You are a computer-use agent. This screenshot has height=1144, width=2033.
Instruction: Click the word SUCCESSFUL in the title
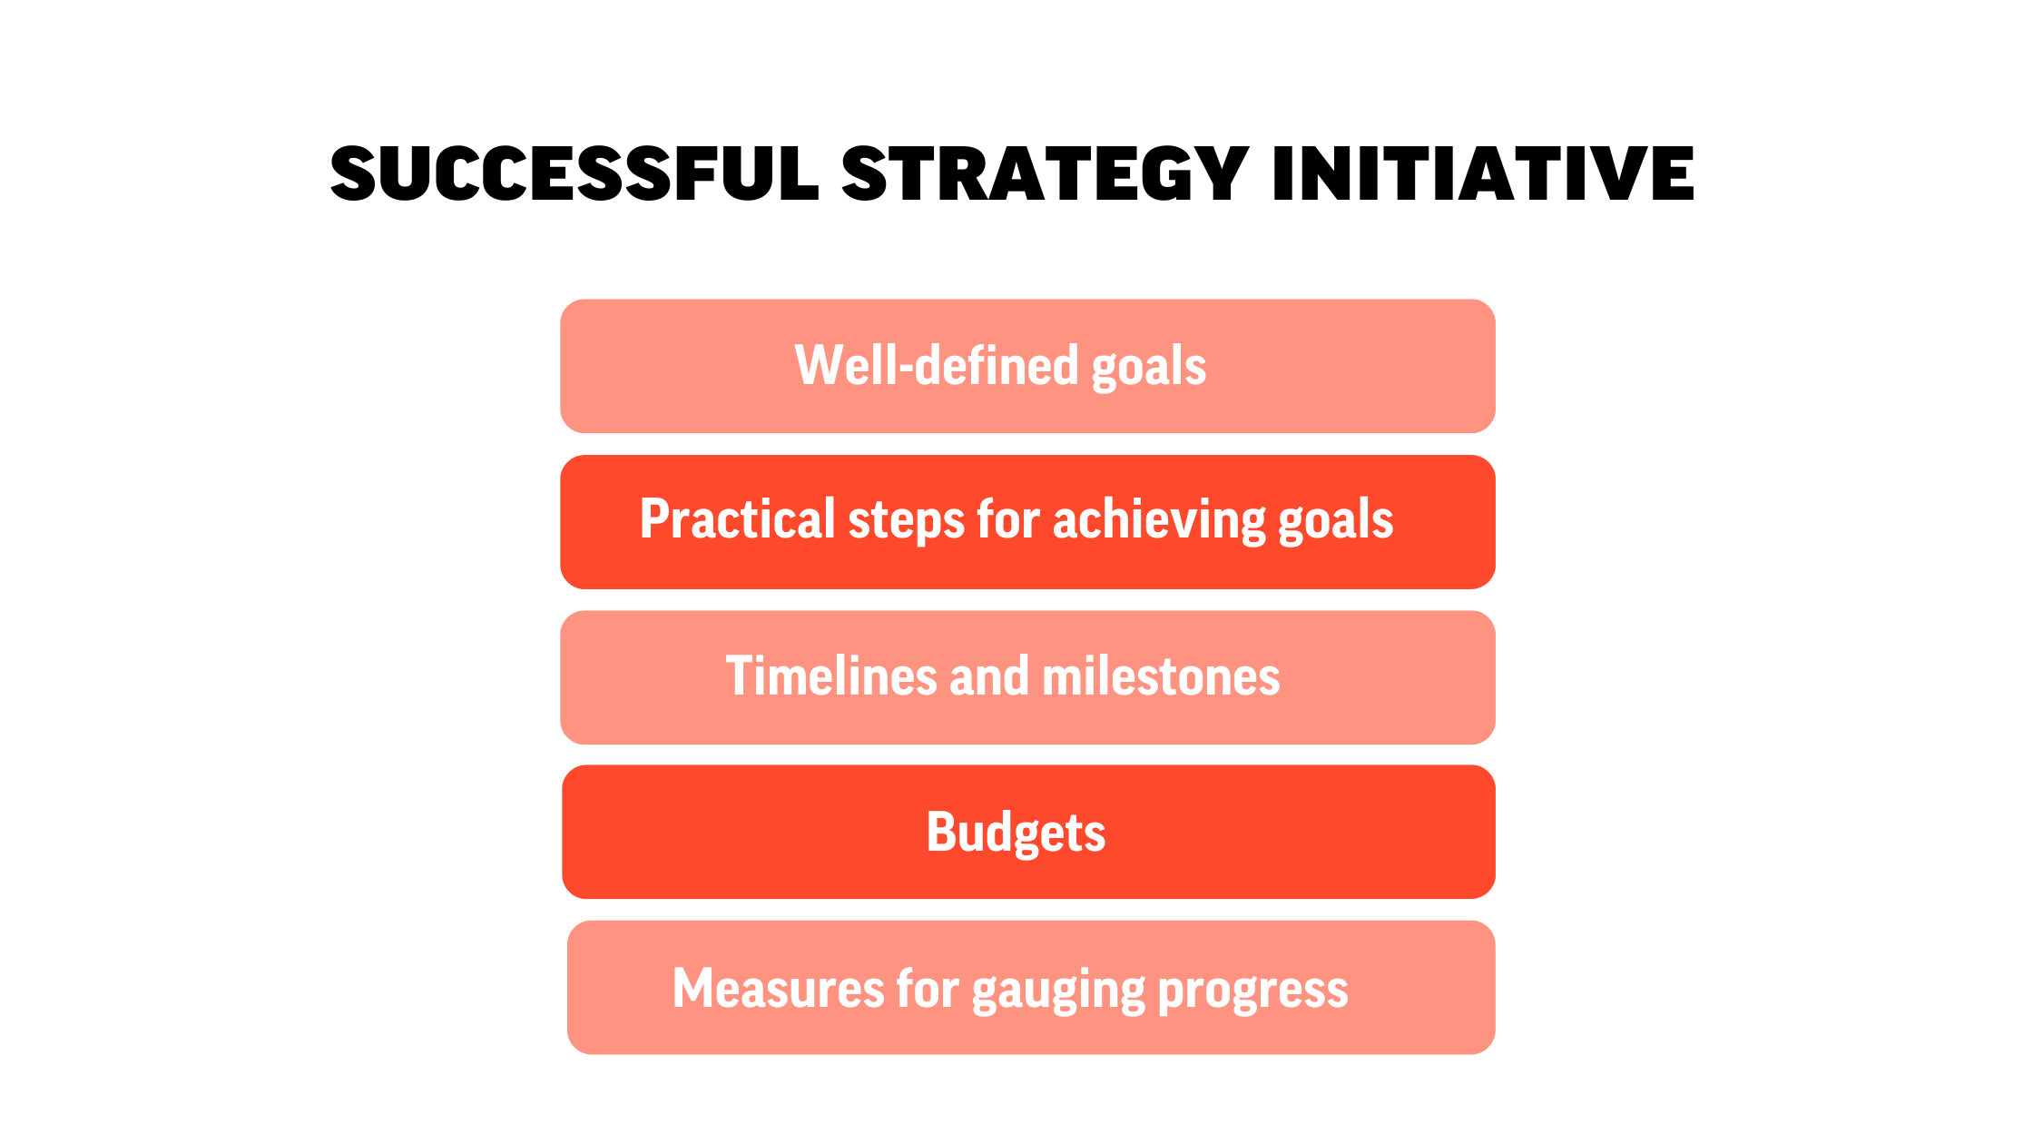point(575,173)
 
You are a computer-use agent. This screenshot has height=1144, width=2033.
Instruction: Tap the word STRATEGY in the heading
point(1046,173)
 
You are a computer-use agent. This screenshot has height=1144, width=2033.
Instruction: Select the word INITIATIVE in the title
point(1483,173)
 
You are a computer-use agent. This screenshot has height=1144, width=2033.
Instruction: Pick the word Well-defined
point(938,365)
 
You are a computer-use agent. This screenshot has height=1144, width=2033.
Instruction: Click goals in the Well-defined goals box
point(1149,369)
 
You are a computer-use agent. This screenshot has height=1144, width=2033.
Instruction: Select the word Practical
point(737,519)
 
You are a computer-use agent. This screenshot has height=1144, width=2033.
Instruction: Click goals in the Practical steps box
point(1336,523)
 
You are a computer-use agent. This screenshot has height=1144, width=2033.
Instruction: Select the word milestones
point(1161,676)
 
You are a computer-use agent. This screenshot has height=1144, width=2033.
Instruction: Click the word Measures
point(779,989)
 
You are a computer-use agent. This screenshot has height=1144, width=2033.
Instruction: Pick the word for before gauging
point(928,987)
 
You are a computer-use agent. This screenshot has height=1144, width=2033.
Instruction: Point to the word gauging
point(1058,991)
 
